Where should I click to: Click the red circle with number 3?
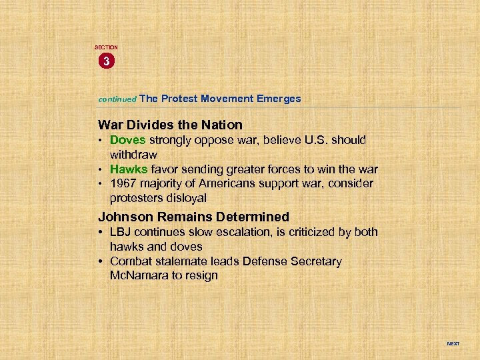[x=106, y=62]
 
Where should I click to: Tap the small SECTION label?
[x=106, y=47]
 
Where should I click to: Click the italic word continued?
[x=117, y=99]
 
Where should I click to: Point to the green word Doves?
[x=128, y=141]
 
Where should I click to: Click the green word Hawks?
[x=129, y=169]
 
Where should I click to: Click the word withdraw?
[x=133, y=155]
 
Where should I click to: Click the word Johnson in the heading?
[x=123, y=217]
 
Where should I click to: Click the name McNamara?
[x=138, y=275]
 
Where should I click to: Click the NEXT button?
[x=453, y=344]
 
